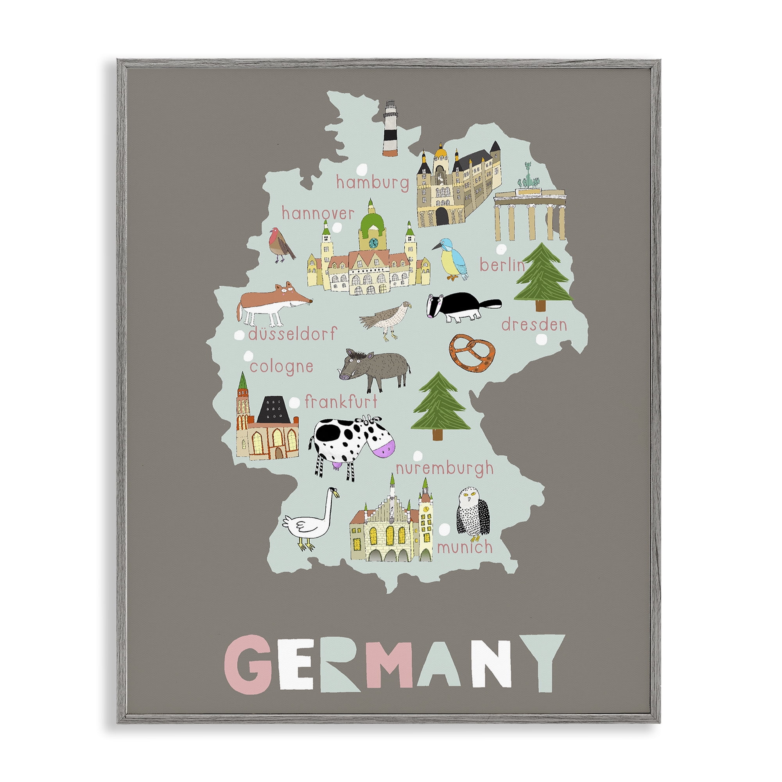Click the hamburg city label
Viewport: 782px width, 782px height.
tap(372, 183)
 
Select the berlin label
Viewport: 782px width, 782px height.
tap(502, 265)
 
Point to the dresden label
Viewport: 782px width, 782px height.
tap(534, 325)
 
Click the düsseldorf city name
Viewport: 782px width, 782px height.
tap(292, 334)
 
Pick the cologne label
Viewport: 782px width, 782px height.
tap(281, 367)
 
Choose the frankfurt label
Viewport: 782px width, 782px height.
tap(341, 402)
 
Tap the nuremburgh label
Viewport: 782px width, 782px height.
tap(445, 469)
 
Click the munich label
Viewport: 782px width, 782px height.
tap(465, 548)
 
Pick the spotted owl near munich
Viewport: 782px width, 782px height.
tap(472, 514)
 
